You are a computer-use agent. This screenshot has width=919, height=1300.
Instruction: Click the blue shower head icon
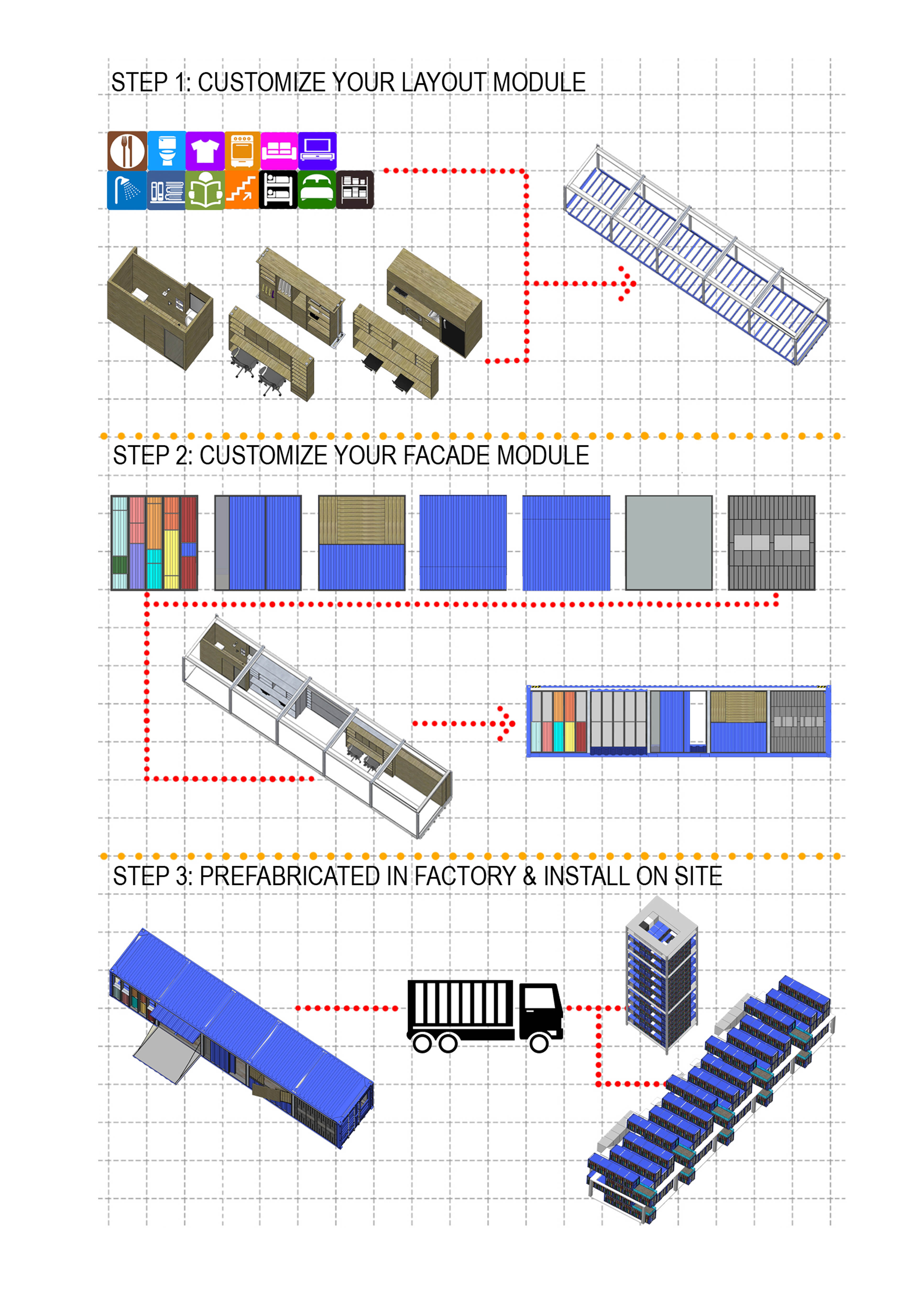[127, 190]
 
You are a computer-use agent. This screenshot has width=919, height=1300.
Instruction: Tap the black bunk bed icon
[278, 190]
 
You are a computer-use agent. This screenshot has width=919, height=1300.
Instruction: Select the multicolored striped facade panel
[155, 543]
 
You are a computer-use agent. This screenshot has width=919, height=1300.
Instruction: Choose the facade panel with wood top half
[362, 543]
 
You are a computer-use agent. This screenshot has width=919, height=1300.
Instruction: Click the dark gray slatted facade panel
[771, 543]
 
